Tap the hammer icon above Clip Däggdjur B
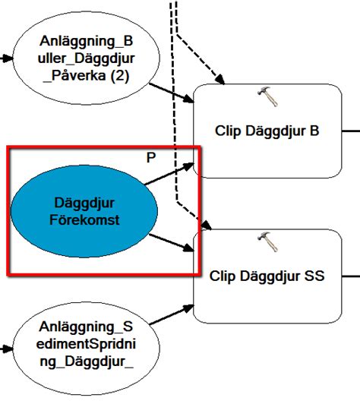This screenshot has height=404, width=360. tap(266, 95)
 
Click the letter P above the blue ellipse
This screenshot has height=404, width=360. tap(150, 156)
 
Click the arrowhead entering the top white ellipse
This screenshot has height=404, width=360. tap(7, 58)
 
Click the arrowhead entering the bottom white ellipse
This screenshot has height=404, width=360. tap(7, 349)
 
